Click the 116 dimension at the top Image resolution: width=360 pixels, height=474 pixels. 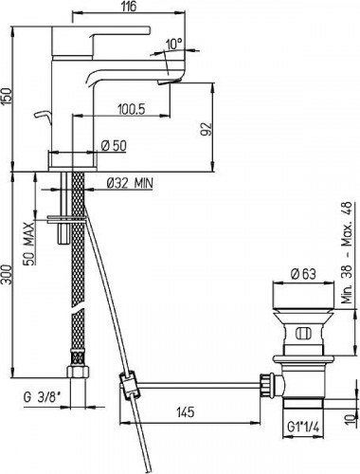tap(129, 7)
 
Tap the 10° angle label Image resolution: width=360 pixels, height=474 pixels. tap(174, 44)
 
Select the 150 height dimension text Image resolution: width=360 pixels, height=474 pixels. tap(7, 96)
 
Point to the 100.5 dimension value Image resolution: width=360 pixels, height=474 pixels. tap(131, 109)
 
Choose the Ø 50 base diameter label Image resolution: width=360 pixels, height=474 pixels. tap(114, 146)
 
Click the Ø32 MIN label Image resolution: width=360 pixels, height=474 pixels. tap(130, 183)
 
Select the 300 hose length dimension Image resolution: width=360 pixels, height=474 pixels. tap(7, 274)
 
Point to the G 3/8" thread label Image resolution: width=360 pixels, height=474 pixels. tap(42, 397)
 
